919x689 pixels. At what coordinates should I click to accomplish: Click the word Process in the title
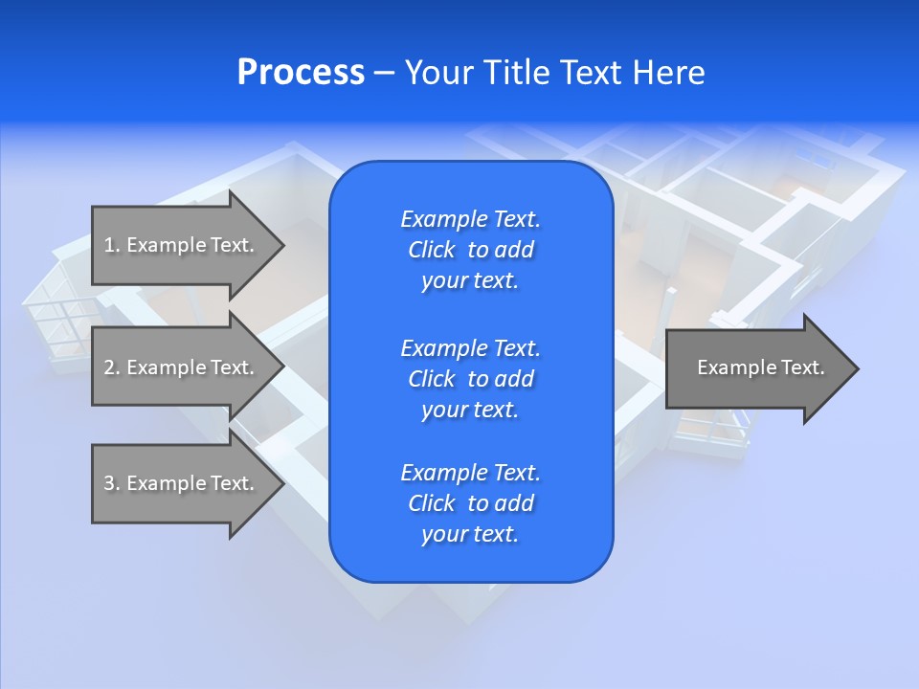301,73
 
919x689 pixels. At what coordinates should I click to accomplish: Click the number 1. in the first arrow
112,245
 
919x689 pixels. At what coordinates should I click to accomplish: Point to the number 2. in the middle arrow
112,367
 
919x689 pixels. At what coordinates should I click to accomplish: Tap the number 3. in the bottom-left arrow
112,483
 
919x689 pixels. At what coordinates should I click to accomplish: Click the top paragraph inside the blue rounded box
470,250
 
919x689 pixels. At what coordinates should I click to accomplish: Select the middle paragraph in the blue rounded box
470,379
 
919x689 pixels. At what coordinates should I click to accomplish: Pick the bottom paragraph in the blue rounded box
470,503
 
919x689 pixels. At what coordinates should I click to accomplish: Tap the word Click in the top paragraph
432,250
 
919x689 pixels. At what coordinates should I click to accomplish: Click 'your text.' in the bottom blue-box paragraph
470,535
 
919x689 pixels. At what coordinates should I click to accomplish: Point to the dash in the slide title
385,73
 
